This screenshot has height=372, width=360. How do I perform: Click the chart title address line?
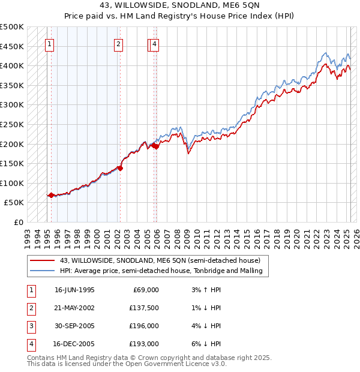tap(179, 7)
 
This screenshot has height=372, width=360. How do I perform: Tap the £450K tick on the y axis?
tap(12, 46)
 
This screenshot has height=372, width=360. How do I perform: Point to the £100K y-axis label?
tap(12, 183)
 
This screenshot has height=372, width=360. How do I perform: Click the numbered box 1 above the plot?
tap(49, 43)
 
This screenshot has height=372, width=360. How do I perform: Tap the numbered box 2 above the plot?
tap(119, 43)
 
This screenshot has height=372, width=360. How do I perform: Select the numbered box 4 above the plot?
tap(154, 43)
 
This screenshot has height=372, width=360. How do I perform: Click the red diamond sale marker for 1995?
tap(51, 195)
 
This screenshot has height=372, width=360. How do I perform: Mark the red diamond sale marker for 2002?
tap(120, 169)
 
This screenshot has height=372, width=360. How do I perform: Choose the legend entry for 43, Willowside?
tap(160, 260)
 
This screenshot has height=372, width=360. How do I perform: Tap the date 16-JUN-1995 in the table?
tap(74, 290)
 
